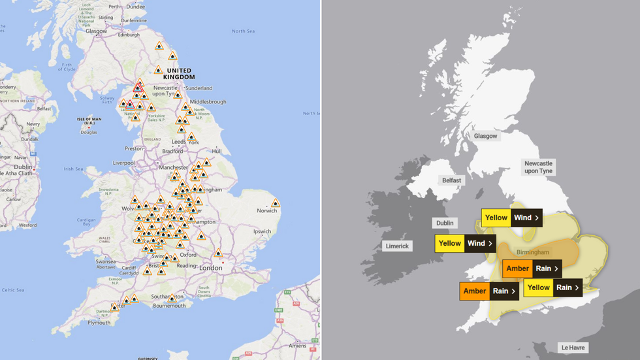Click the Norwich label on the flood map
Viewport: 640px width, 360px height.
coord(266,210)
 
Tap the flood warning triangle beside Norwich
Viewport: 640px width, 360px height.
coord(276,203)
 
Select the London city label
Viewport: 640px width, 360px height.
coord(210,268)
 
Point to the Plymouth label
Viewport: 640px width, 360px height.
coord(99,322)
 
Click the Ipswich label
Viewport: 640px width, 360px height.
coord(263,231)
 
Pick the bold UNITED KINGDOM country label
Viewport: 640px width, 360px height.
coord(179,74)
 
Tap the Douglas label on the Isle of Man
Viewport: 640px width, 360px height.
coord(88,132)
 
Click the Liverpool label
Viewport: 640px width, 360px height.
coord(123,163)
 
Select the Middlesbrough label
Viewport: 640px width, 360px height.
coord(209,102)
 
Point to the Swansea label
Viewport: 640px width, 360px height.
coord(106,260)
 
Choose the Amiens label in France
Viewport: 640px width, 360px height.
coord(298,346)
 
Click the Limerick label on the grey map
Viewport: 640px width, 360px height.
coord(397,246)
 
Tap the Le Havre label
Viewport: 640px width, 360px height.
coord(573,348)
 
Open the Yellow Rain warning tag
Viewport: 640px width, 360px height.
coord(552,287)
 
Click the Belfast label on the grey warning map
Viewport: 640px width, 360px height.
coord(451,180)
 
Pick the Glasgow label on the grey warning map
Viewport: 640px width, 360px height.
coord(486,136)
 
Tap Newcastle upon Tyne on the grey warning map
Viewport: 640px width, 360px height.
coord(538,167)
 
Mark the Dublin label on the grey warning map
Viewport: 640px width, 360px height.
coord(445,223)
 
